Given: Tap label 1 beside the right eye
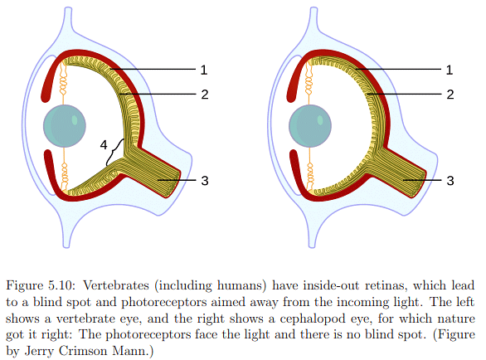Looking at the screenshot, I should point(450,69).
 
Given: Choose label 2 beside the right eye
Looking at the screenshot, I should point(450,94).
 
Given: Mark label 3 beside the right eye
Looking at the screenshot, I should point(450,179).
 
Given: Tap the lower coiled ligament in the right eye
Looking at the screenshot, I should point(310,171).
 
